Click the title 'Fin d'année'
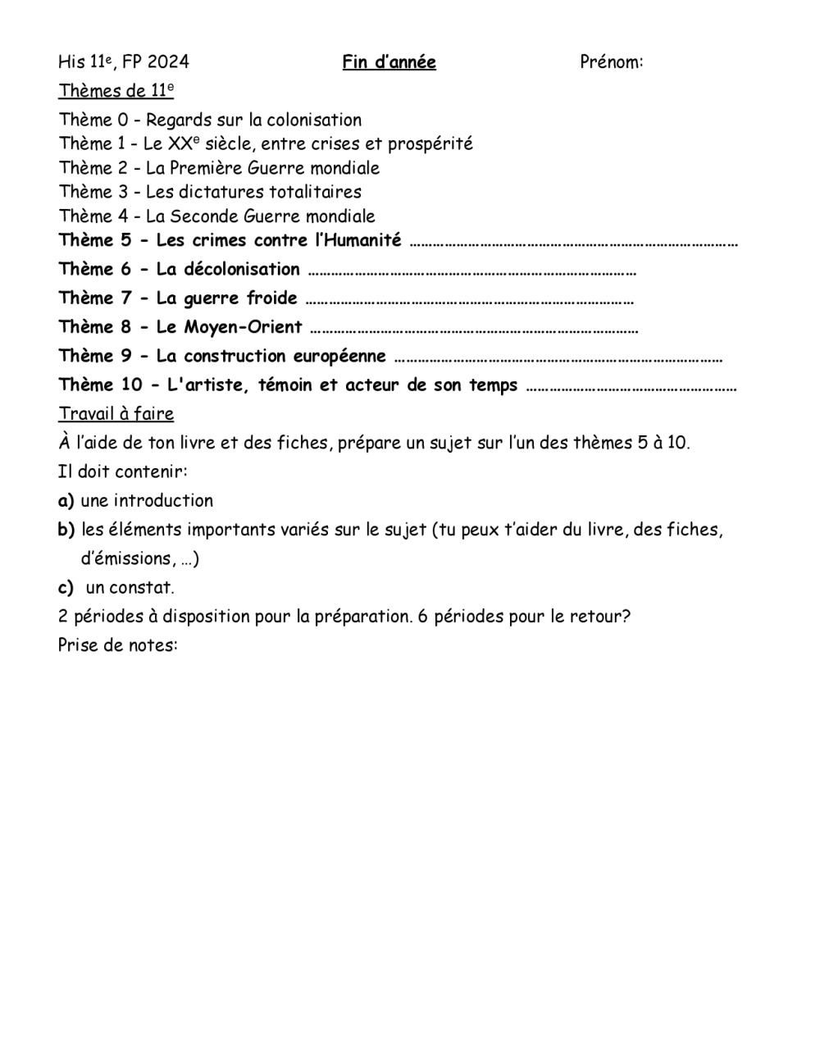[389, 62]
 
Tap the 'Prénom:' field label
[611, 62]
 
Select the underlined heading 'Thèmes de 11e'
[116, 91]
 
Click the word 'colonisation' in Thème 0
[314, 121]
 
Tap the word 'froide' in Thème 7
[272, 298]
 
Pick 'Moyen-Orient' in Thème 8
[243, 327]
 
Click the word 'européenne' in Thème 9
[339, 356]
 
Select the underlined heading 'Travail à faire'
[116, 414]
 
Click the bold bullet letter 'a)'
[66, 501]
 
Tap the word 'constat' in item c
[141, 588]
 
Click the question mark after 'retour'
[626, 617]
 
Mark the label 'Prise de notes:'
[117, 645]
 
